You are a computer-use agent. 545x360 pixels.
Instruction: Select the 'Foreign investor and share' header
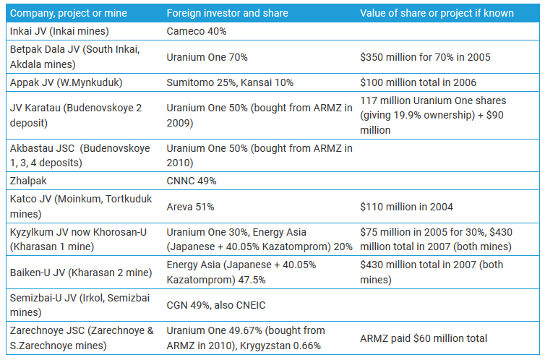pos(227,13)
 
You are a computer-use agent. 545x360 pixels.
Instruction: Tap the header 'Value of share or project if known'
pos(437,13)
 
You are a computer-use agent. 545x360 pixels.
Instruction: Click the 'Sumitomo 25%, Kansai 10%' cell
pos(230,82)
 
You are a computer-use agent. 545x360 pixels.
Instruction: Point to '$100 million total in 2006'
pos(418,82)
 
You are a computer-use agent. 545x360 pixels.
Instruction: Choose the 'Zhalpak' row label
pos(30,181)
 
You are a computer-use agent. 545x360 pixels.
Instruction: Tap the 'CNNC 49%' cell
pos(192,181)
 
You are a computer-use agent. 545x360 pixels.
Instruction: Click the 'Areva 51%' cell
pos(190,207)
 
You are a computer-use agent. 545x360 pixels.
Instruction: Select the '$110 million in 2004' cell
pos(406,207)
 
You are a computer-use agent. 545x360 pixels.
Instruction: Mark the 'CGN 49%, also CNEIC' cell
pos(219,305)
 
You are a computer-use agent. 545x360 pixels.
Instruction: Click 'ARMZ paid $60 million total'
pos(424,338)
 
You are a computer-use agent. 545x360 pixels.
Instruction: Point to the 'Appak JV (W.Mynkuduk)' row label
pos(66,82)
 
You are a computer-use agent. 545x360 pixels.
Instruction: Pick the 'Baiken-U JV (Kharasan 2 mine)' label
pos(80,273)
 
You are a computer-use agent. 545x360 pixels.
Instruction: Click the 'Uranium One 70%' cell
pos(207,56)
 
